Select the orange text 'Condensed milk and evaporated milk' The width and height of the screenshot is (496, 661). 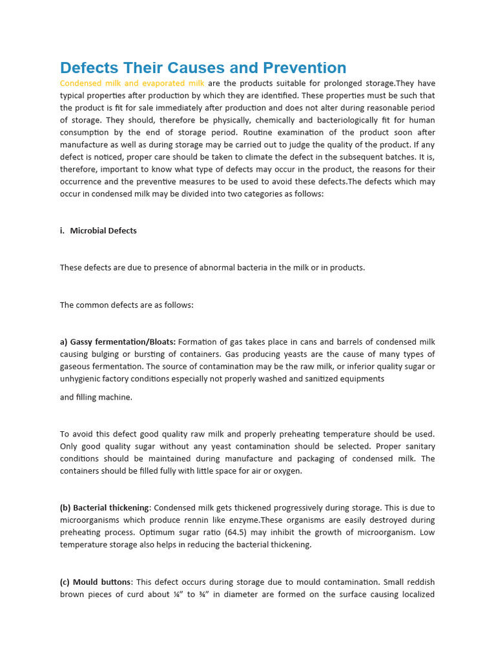coord(132,83)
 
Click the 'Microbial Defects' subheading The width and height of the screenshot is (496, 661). coord(103,230)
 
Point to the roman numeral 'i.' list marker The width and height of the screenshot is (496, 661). coord(63,230)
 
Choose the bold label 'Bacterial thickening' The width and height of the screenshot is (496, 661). coord(110,507)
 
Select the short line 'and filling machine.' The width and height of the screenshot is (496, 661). coord(96,397)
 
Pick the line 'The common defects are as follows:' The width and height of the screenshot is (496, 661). coord(127,305)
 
